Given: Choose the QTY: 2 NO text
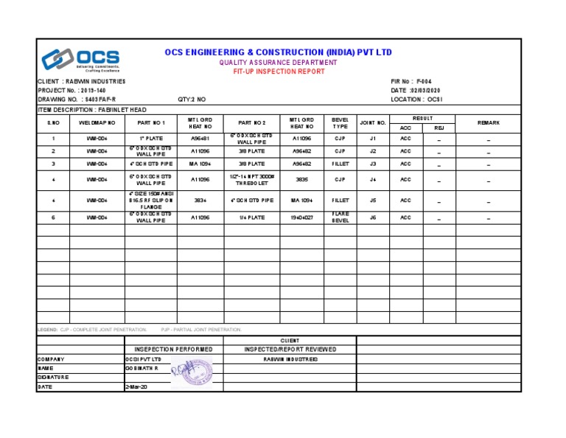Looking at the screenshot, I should [192, 99].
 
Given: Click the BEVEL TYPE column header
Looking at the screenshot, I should [340, 122].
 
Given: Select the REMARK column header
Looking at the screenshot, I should [488, 122].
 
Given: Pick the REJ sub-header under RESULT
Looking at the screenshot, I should [439, 128].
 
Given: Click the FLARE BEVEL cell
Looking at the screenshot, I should [340, 218].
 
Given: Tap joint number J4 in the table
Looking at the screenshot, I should [373, 179].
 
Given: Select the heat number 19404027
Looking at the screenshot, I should [302, 218].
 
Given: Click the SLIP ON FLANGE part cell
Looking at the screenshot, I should [151, 200].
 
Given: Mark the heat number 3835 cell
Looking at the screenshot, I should [302, 179].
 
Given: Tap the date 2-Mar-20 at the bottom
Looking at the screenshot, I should [137, 386].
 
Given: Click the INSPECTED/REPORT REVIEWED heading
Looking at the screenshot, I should [290, 349].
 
